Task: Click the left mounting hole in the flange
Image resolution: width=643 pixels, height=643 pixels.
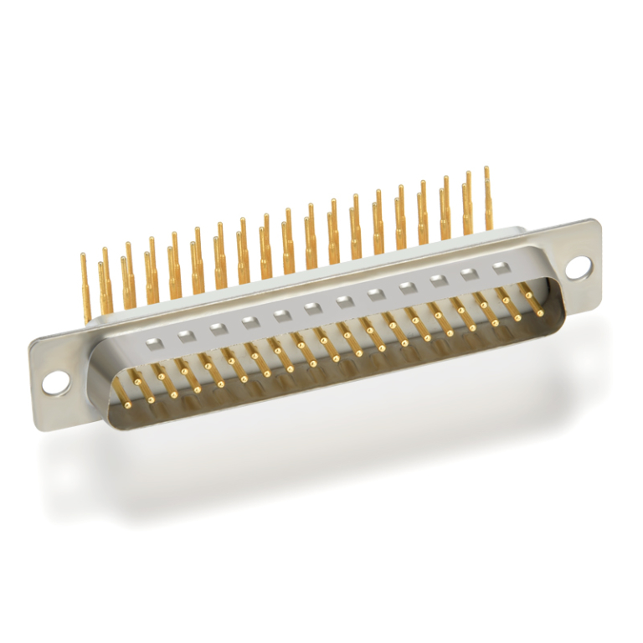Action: (x=54, y=382)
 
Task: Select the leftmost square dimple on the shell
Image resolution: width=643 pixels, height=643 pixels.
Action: (x=153, y=342)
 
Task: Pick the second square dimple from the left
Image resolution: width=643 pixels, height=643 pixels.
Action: (x=185, y=336)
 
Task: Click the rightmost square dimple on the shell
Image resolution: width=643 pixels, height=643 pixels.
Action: (x=501, y=268)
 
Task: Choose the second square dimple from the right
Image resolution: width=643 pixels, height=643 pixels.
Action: (x=470, y=274)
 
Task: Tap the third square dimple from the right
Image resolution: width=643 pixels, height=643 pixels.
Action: (x=438, y=281)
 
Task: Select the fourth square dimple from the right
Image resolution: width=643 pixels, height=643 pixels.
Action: (x=407, y=288)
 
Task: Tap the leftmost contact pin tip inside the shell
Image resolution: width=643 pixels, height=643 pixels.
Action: (x=128, y=404)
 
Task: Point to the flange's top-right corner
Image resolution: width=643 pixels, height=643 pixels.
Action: (x=596, y=223)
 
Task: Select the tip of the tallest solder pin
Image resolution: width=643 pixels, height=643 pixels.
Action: (x=487, y=170)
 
